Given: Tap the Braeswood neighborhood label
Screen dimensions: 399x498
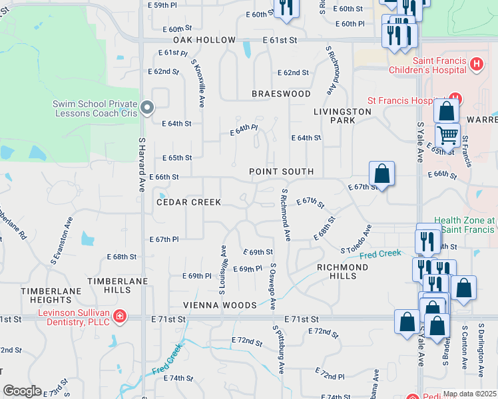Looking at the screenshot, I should point(281,94).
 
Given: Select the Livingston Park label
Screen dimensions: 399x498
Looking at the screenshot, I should point(342,116).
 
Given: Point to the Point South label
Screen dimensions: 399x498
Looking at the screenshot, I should point(281,172).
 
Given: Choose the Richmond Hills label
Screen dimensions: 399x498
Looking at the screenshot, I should point(342,271).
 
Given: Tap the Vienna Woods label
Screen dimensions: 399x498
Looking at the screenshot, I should point(220,305).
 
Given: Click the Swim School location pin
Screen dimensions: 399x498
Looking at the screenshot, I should point(148,108).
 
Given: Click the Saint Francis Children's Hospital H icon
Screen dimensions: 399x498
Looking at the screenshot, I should point(476,65).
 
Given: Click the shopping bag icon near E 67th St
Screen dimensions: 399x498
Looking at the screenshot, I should point(381,174).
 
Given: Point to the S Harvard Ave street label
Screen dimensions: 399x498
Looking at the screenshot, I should point(142,165).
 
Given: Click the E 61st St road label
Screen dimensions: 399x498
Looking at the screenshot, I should point(278,41).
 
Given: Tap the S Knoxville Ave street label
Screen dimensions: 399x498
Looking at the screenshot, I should point(198,82).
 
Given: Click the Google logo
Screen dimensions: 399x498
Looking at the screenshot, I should point(22,391).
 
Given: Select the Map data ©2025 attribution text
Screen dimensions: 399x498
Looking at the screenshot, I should point(469,394).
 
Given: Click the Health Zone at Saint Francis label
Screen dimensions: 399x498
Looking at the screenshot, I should point(465,225).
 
